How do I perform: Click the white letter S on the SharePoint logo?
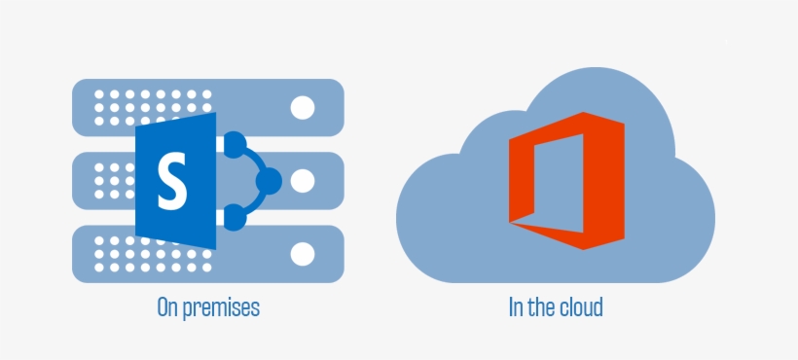(172, 182)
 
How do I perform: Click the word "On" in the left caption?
(167, 308)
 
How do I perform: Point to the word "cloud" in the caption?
(581, 308)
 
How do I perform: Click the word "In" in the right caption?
(515, 308)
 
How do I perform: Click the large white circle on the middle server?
(303, 180)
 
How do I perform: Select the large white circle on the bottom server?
(303, 254)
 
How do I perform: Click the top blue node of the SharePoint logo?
(233, 146)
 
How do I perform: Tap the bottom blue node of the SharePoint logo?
(233, 217)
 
